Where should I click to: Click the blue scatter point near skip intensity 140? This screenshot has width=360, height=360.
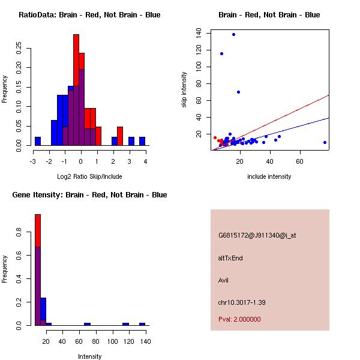pos(233,34)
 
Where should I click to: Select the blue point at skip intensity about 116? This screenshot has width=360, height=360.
pos(221,53)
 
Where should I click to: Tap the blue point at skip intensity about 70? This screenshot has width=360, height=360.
pos(238,92)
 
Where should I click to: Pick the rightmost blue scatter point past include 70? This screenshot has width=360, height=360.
pos(325,142)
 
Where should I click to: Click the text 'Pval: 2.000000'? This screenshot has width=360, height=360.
pos(239,319)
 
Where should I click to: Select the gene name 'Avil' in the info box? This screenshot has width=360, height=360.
pos(224,280)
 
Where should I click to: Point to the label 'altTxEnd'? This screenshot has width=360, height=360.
pos(230,258)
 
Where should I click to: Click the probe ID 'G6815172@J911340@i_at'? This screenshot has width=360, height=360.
pos(257,235)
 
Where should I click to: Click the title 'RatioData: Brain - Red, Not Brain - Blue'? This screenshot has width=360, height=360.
pos(89,14)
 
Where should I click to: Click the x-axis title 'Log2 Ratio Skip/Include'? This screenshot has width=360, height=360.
pos(89,176)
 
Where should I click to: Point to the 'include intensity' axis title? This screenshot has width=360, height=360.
pos(269,176)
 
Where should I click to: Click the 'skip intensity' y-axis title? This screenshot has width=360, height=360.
pos(184,90)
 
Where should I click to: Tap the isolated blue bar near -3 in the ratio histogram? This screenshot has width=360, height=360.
pos(38,141)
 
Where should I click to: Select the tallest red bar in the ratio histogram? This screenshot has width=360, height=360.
pos(76,90)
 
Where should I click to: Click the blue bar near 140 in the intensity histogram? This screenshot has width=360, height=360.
pos(142,324)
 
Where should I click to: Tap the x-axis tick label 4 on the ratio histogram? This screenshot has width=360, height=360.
pos(146,161)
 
